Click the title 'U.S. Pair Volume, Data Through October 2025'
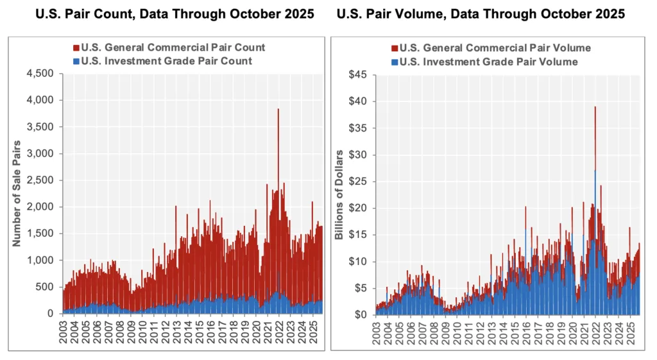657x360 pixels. pyautogui.click(x=481, y=15)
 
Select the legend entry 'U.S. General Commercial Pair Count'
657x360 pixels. pyautogui.click(x=173, y=47)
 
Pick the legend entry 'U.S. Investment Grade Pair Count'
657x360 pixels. pyautogui.click(x=166, y=61)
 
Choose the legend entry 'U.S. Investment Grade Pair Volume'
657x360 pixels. pyautogui.click(x=488, y=62)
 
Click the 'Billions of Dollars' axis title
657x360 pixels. pyautogui.click(x=339, y=196)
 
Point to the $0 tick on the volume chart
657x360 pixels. pyautogui.click(x=361, y=314)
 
